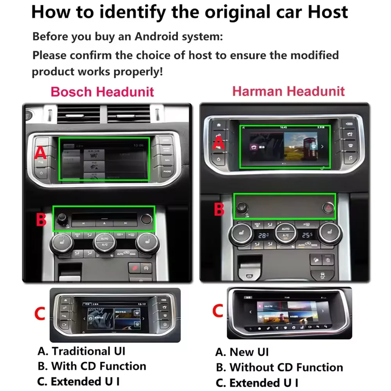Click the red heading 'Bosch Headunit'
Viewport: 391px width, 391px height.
point(102,92)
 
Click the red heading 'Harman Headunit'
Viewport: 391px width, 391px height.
point(288,91)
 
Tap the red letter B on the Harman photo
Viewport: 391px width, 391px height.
point(219,210)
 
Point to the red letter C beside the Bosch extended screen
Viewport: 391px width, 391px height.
point(41,313)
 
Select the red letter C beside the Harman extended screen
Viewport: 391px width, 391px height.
point(217,311)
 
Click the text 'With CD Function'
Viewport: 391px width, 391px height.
point(99,366)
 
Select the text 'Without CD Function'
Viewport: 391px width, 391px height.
point(286,368)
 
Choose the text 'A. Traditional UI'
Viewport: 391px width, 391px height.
point(81,351)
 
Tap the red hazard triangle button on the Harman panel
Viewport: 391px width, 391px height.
point(328,208)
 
